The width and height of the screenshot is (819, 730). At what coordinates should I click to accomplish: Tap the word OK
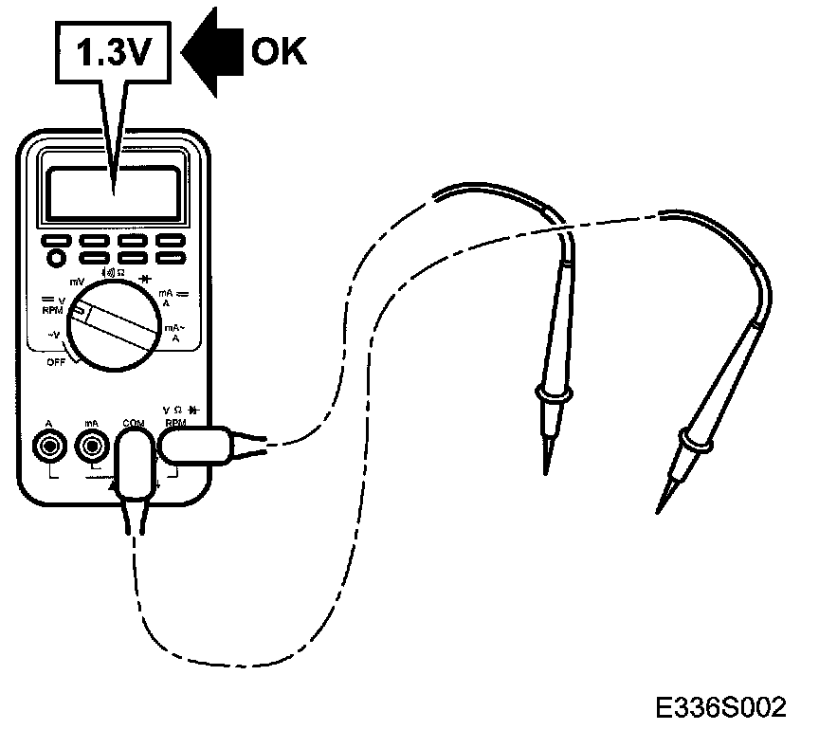(x=279, y=52)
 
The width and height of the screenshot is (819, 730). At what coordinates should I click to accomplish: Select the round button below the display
(x=55, y=258)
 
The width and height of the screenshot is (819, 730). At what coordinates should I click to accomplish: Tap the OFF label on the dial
(x=57, y=363)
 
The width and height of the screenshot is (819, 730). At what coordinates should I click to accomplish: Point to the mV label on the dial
(x=77, y=282)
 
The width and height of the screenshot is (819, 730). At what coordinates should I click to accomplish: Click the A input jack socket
(x=47, y=444)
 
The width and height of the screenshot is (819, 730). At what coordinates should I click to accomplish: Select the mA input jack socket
(x=92, y=444)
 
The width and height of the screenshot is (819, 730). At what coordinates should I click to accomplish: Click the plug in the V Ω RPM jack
(x=195, y=446)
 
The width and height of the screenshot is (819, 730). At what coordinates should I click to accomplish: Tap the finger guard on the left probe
(x=551, y=391)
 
